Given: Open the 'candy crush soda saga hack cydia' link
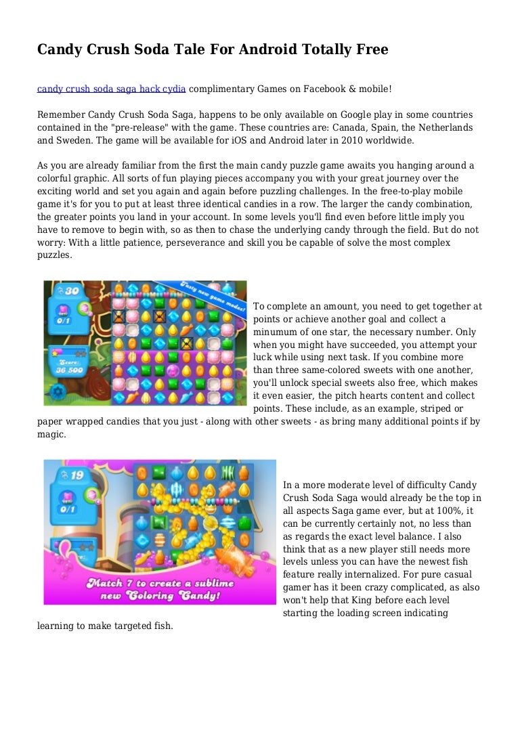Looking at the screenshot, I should [x=111, y=88].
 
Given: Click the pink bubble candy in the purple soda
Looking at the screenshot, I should [x=172, y=371].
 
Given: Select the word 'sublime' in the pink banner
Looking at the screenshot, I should [x=206, y=584].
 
